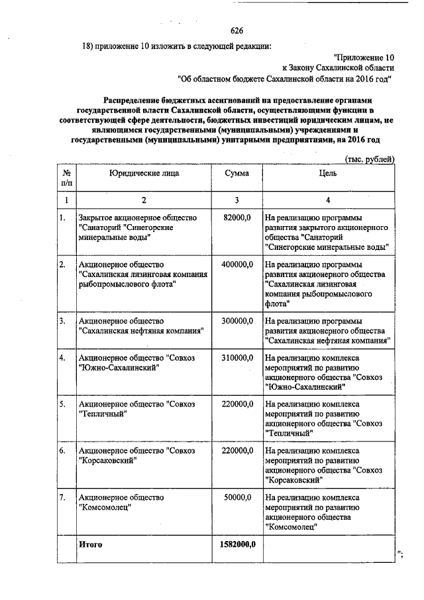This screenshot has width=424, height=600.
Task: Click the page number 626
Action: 237,30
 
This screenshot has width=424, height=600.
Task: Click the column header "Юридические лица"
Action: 144,173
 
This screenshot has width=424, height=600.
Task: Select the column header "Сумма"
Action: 237,173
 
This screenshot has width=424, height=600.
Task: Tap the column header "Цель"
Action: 328,173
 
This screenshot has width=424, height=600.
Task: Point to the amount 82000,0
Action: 238,217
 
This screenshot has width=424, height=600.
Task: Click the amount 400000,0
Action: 237,265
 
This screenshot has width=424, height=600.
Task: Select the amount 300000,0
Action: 237,321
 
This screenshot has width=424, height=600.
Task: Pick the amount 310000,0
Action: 237,358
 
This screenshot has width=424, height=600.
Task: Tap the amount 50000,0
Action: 239,497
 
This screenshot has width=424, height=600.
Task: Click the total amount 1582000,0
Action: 237,544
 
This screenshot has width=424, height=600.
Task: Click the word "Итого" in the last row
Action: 90,544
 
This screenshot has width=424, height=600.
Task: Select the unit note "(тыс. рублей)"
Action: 370,159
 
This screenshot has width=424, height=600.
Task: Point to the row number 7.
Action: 62,497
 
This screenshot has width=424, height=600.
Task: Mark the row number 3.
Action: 62,321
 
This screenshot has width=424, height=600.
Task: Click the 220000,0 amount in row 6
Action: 237,451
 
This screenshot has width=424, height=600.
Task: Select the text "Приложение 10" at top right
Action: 364,57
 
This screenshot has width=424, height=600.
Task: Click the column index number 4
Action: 328,200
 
